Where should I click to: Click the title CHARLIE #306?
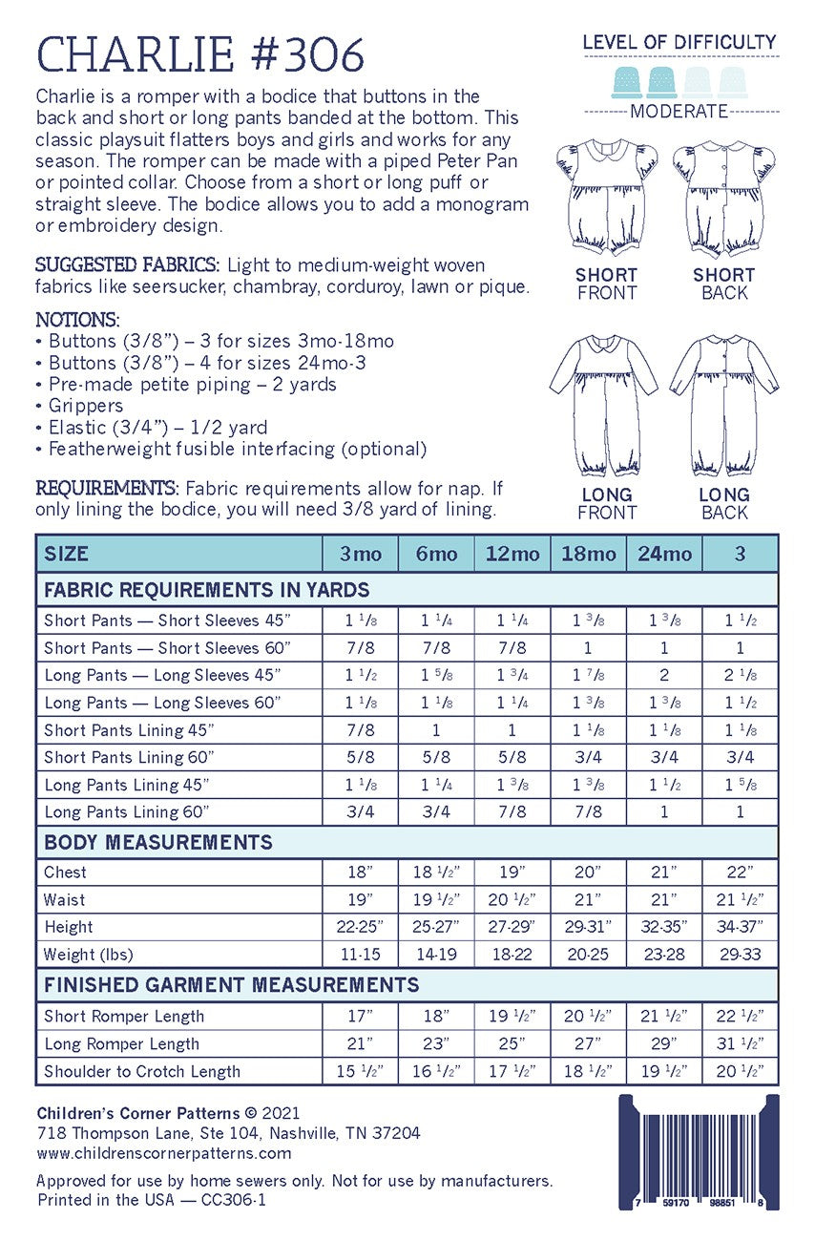(x=200, y=55)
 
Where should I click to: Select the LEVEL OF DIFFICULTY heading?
(x=679, y=43)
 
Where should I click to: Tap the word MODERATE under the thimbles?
(x=679, y=111)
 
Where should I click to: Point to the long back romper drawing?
(x=724, y=405)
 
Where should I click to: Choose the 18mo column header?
(x=589, y=554)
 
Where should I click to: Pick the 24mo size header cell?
(x=664, y=554)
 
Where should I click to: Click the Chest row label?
(x=65, y=872)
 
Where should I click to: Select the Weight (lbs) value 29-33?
(x=740, y=955)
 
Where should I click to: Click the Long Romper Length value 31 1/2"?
(x=740, y=1043)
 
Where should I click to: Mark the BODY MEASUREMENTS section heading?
(x=157, y=843)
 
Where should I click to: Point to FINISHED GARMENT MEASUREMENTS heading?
(x=231, y=984)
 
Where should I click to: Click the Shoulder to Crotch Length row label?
(x=142, y=1071)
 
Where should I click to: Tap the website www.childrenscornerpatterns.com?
(x=163, y=1153)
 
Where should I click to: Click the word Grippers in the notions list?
(x=86, y=406)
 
